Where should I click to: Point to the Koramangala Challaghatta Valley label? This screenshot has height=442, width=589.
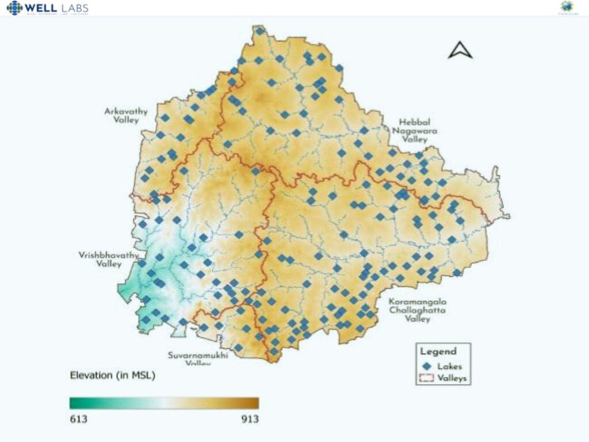pyautogui.click(x=417, y=310)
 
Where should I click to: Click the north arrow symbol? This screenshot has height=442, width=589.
pyautogui.click(x=460, y=51)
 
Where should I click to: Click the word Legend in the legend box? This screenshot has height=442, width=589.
pyautogui.click(x=438, y=351)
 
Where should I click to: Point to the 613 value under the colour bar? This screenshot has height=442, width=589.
pyautogui.click(x=78, y=419)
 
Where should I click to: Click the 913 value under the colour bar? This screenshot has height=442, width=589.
pyautogui.click(x=250, y=419)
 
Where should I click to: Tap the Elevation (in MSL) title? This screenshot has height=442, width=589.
pyautogui.click(x=112, y=376)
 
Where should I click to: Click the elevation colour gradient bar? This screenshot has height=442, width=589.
pyautogui.click(x=164, y=403)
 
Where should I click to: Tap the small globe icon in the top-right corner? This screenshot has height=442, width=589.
pyautogui.click(x=567, y=7)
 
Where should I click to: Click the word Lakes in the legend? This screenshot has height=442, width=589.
pyautogui.click(x=449, y=366)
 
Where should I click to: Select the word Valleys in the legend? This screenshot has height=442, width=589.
pyautogui.click(x=452, y=378)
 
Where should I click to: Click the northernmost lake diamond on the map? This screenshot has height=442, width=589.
pyautogui.click(x=260, y=31)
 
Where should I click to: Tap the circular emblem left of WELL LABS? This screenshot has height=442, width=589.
pyautogui.click(x=14, y=8)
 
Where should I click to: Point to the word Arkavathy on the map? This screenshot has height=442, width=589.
pyautogui.click(x=126, y=111)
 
